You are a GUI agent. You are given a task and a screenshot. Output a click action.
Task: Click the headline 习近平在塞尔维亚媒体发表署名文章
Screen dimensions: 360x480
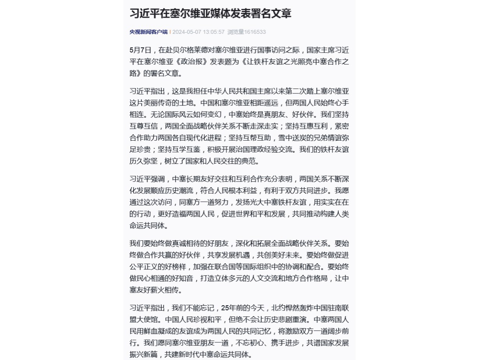(210, 13)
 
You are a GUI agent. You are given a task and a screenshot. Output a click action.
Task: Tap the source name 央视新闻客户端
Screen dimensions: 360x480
(148, 32)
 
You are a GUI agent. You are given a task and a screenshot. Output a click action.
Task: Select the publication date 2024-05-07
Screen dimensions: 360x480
(187, 32)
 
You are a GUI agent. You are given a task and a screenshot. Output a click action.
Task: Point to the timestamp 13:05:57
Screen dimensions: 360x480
(214, 32)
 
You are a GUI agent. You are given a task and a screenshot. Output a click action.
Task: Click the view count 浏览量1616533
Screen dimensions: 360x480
(246, 32)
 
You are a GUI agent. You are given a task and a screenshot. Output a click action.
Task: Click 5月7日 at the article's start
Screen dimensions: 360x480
(140, 50)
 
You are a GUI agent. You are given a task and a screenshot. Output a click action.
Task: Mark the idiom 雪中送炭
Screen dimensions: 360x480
(292, 138)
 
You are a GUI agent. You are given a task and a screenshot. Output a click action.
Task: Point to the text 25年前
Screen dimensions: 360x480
(232, 308)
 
